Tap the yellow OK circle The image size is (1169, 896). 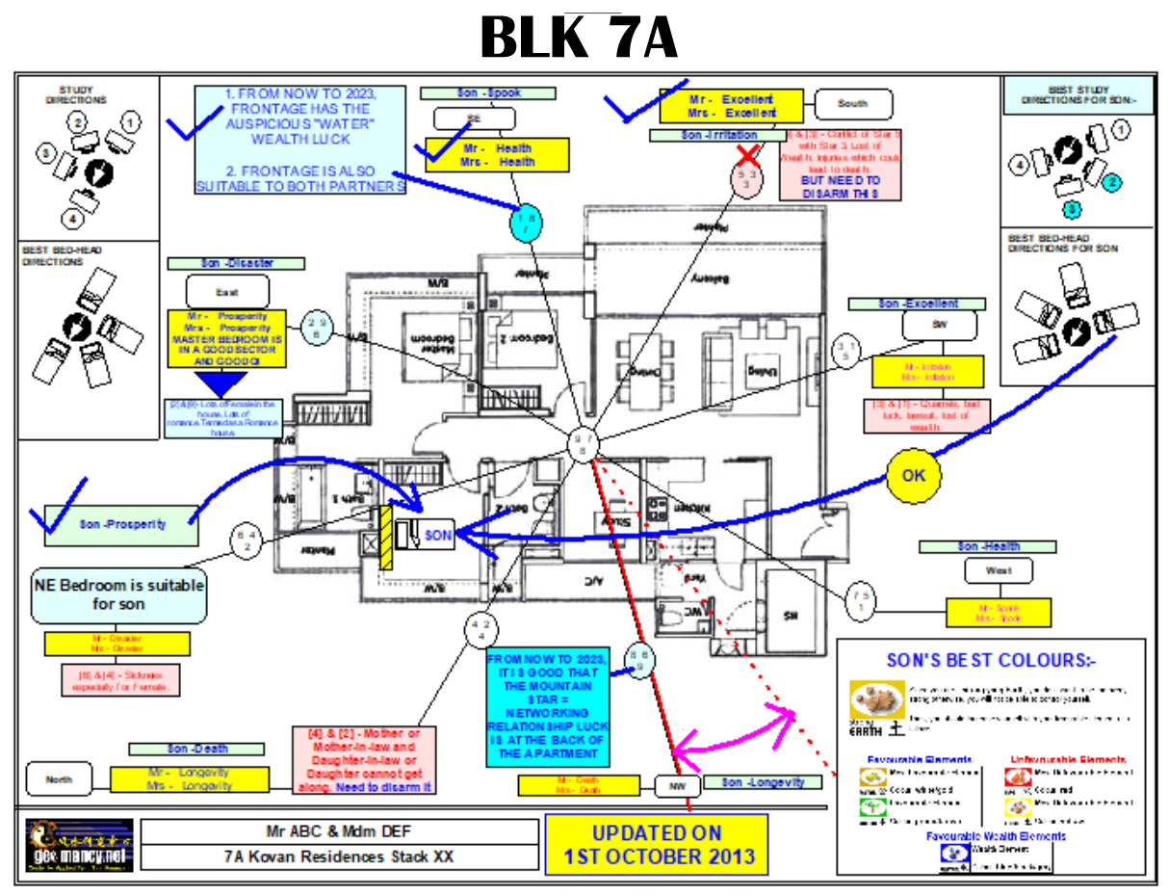pyautogui.click(x=913, y=476)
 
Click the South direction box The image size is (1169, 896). pyautogui.click(x=853, y=103)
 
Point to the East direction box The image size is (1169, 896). pyautogui.click(x=227, y=290)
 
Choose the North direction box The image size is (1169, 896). pyautogui.click(x=59, y=778)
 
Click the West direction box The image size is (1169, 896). pyautogui.click(x=999, y=570)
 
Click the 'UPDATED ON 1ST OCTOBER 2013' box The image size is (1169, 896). pyautogui.click(x=657, y=845)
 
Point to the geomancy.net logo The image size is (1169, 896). pyautogui.click(x=80, y=845)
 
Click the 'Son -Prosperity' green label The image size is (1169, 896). pyautogui.click(x=122, y=525)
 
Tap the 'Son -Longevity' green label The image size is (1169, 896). pyautogui.click(x=764, y=782)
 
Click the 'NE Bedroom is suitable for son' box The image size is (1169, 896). pyautogui.click(x=119, y=593)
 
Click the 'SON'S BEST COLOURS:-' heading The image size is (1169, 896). pyautogui.click(x=992, y=661)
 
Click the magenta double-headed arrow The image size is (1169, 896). pyautogui.click(x=734, y=730)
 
